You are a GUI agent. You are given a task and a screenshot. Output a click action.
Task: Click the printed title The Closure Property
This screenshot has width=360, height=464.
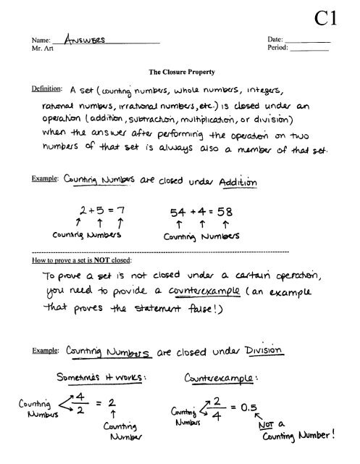179,73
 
